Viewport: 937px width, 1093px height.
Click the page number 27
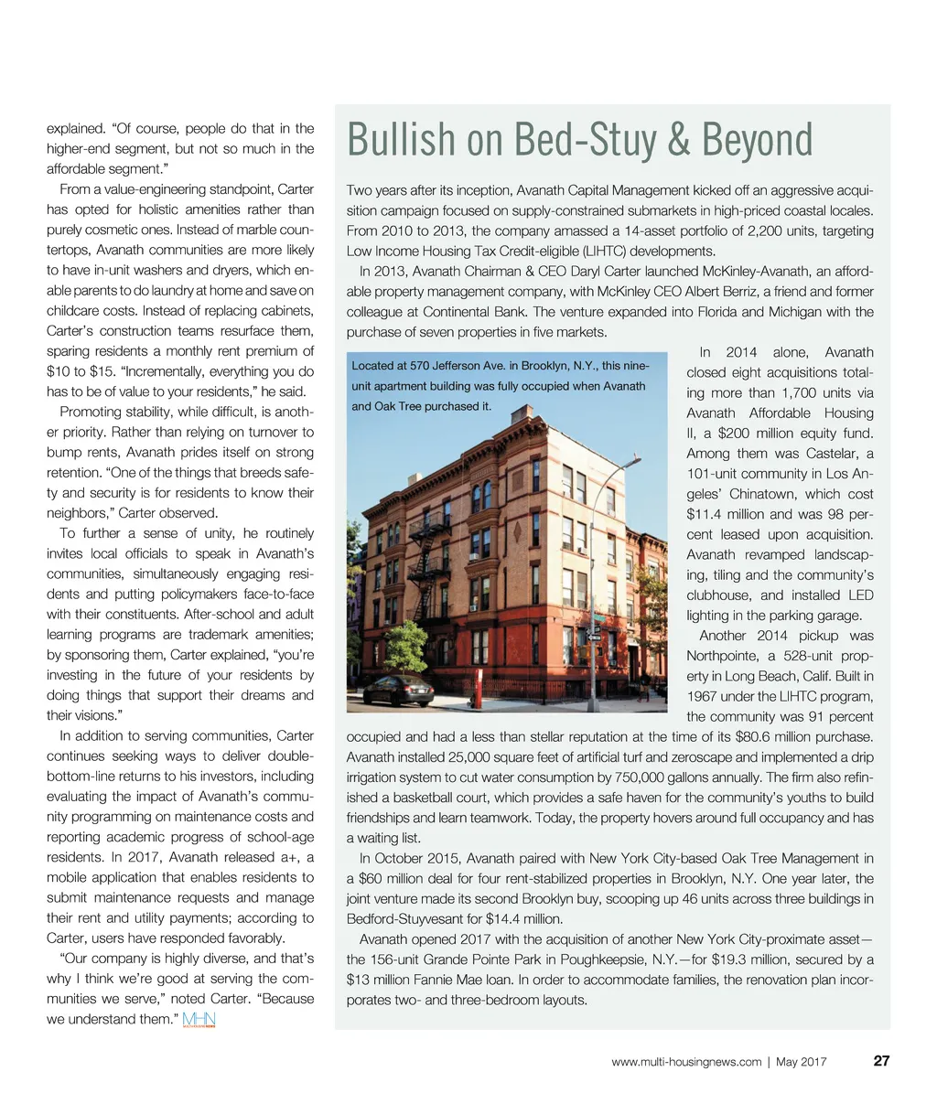882,1061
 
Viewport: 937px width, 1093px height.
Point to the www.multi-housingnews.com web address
685,1062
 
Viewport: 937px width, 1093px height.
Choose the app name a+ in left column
292,857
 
